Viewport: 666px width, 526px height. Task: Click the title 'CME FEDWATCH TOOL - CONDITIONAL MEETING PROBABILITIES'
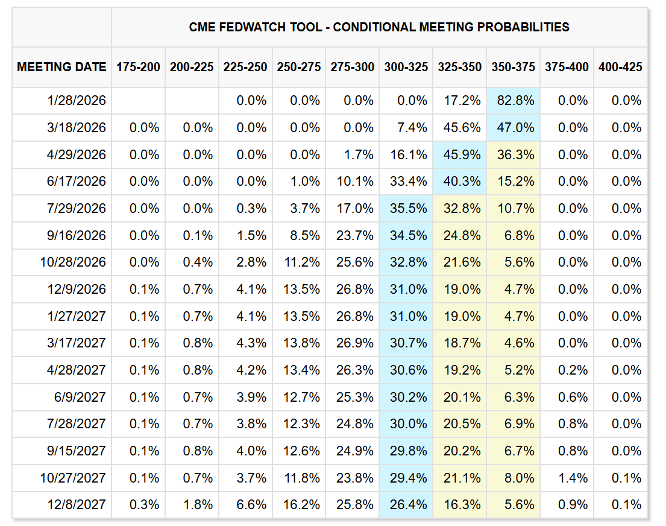(x=379, y=27)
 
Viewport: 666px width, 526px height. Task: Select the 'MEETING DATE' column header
(x=61, y=67)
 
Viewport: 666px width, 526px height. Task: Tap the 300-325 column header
(x=406, y=67)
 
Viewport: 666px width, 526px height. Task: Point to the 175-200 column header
(x=138, y=67)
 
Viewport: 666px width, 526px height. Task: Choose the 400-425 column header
(x=620, y=67)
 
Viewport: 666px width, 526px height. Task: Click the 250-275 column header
(x=298, y=67)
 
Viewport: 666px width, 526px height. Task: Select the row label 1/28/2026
(x=77, y=101)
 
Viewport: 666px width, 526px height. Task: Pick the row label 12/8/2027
(x=77, y=504)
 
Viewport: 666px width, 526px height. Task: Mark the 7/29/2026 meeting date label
(x=77, y=208)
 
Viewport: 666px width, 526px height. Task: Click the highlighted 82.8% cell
(x=513, y=101)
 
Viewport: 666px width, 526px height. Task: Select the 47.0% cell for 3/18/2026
(x=513, y=128)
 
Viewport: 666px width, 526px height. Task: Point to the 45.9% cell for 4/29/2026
(x=459, y=154)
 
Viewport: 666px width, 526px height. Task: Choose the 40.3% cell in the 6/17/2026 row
(x=459, y=182)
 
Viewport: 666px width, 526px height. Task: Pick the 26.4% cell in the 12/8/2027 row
(x=406, y=504)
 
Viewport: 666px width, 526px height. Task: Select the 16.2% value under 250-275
(x=298, y=504)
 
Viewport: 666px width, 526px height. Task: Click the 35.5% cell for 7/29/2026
(x=406, y=208)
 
